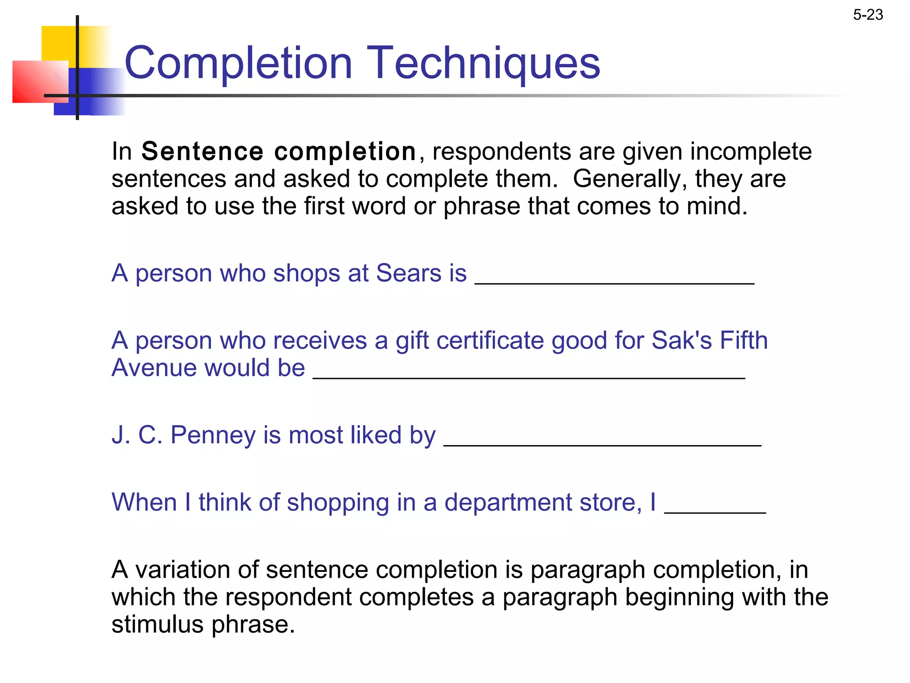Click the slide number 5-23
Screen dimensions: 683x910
click(868, 15)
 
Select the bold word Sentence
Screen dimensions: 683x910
click(202, 152)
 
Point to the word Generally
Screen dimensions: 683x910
click(630, 179)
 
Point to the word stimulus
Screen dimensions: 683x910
click(157, 624)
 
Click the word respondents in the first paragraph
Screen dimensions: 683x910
click(501, 152)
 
